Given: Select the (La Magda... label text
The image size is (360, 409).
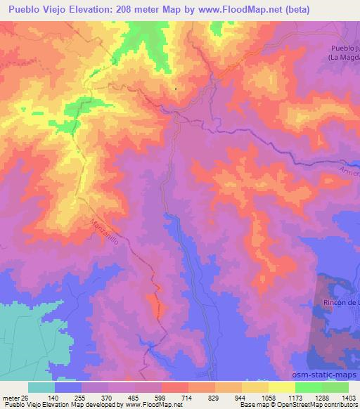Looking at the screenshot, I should click(x=342, y=57).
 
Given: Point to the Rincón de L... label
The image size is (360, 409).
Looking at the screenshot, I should click(x=339, y=302).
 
